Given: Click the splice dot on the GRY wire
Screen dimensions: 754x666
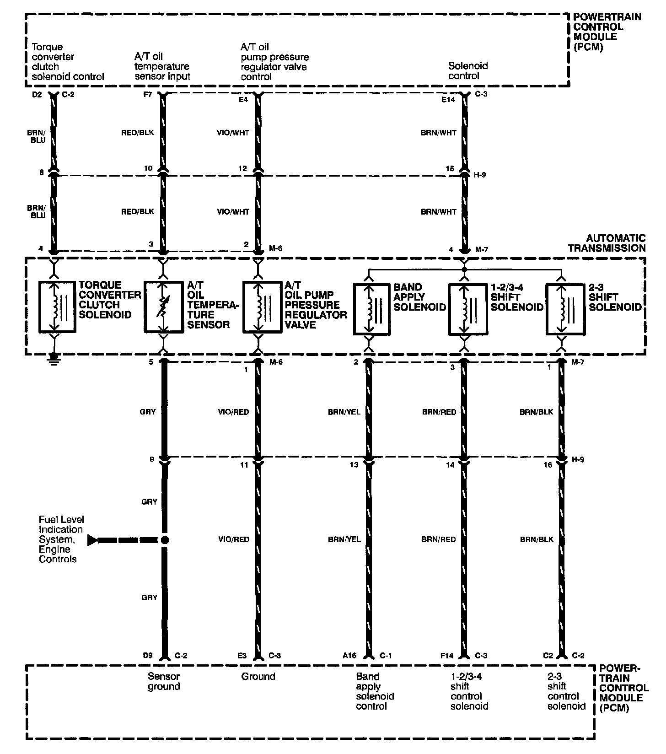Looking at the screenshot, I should coord(165,540).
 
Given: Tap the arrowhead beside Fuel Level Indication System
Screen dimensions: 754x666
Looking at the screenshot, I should coord(93,540).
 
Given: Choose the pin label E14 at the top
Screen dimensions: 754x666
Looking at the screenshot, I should coord(448,99).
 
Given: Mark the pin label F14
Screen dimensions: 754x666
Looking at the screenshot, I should coord(447,656).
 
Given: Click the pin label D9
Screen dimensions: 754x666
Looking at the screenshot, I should coord(148,656).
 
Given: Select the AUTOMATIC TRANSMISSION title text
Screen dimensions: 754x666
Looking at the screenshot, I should coord(607,243).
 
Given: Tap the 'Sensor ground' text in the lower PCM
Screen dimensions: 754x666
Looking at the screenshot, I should coord(164,681).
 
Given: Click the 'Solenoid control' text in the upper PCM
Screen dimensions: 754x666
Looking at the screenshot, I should coord(468,71).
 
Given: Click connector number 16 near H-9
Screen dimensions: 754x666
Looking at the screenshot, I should coord(548,465).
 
